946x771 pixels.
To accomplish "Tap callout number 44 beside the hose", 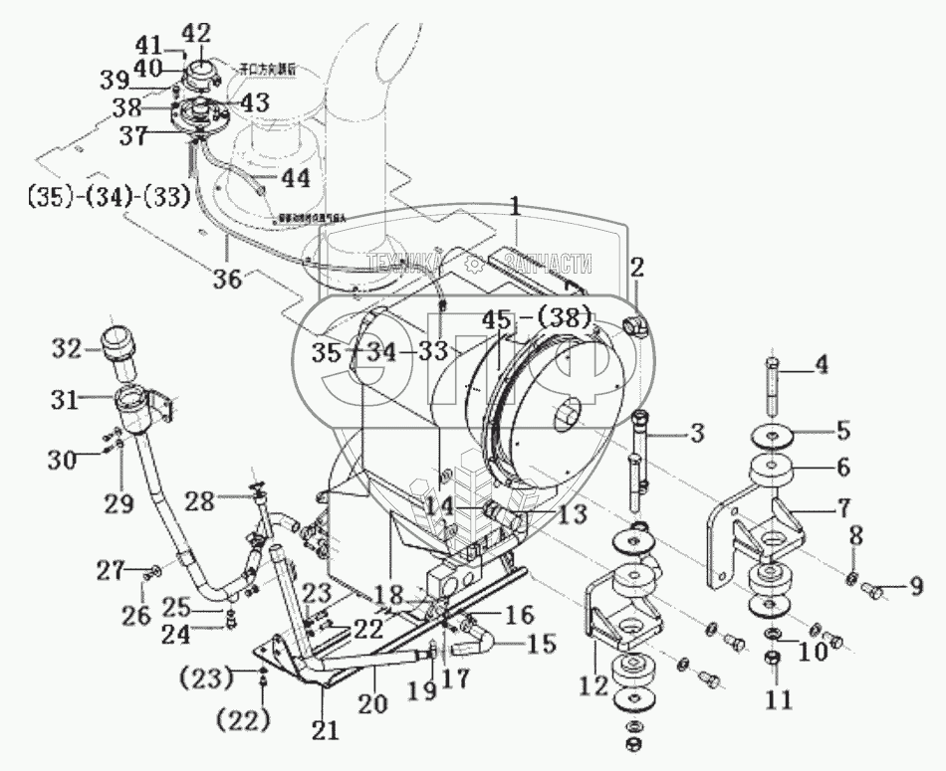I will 295,178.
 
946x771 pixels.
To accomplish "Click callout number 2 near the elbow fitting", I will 637,266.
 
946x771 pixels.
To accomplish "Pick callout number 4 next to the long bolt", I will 821,364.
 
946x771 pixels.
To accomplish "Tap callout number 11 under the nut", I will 778,700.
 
